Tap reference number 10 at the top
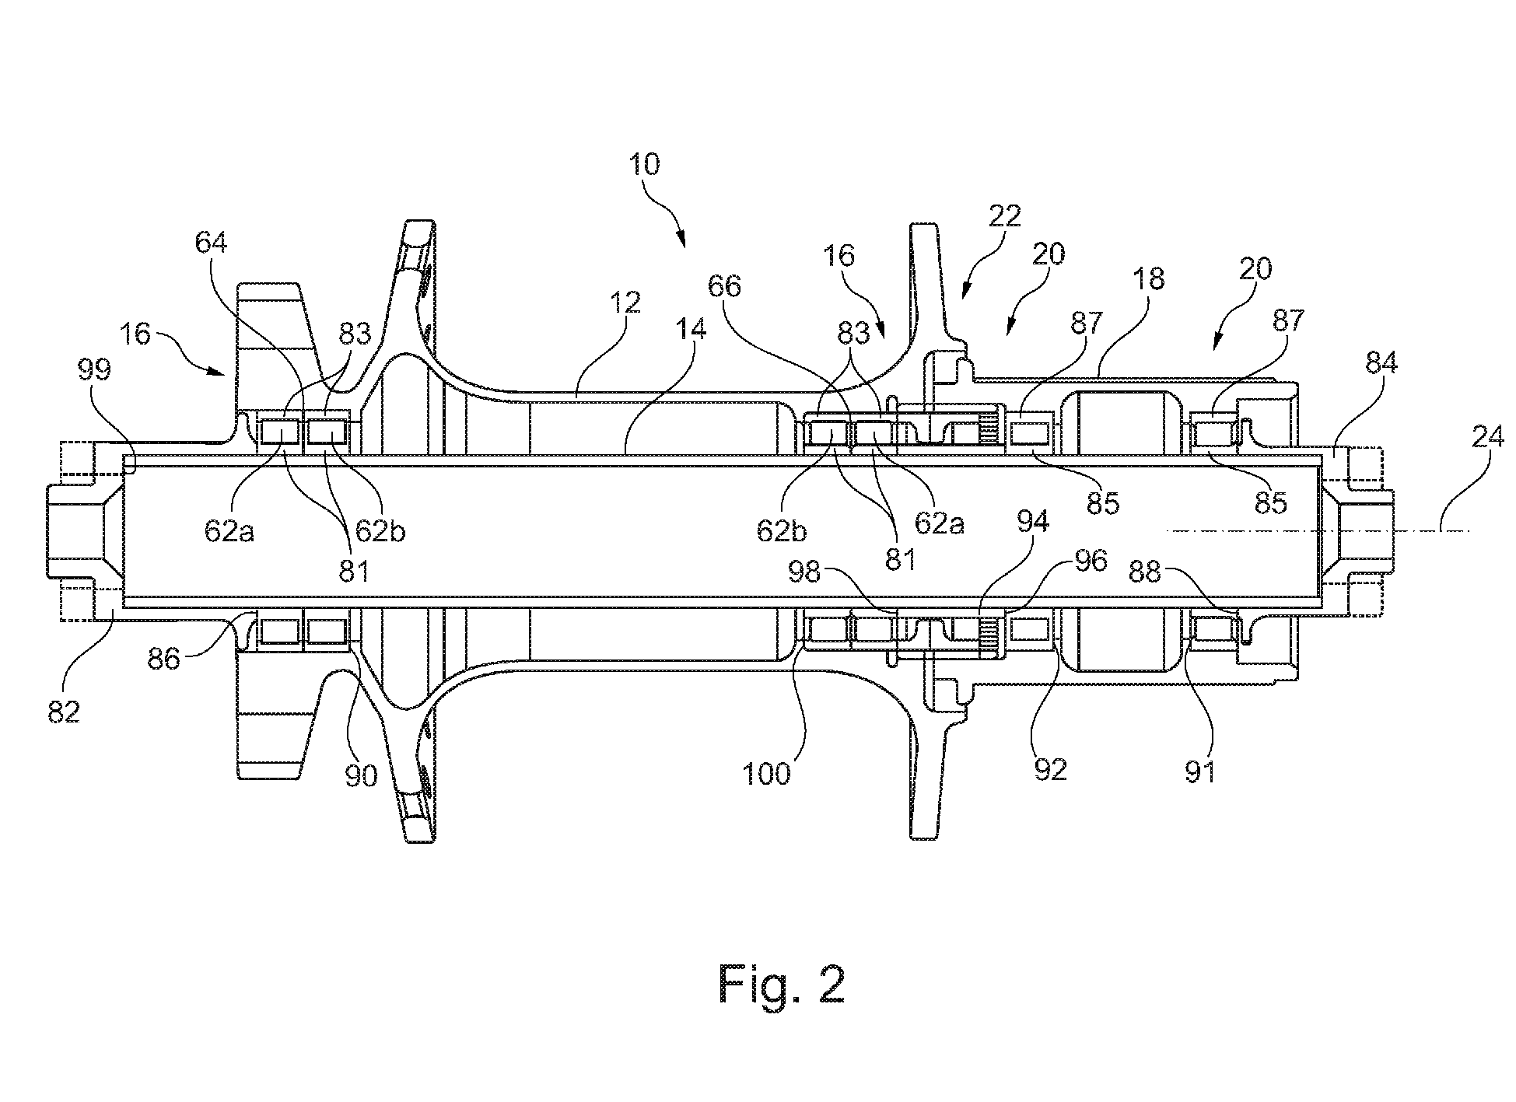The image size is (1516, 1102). tap(645, 165)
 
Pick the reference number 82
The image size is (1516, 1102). tap(64, 711)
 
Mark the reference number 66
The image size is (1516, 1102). tap(725, 286)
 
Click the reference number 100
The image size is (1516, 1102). tap(768, 774)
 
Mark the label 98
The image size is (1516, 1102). tap(804, 572)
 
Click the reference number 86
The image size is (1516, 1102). tap(164, 659)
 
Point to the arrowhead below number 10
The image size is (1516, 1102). tap(682, 240)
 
